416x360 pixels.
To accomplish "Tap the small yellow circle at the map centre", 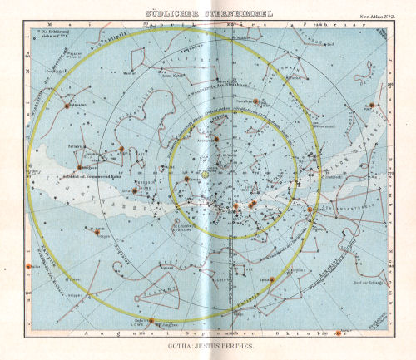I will (x=206, y=174).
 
